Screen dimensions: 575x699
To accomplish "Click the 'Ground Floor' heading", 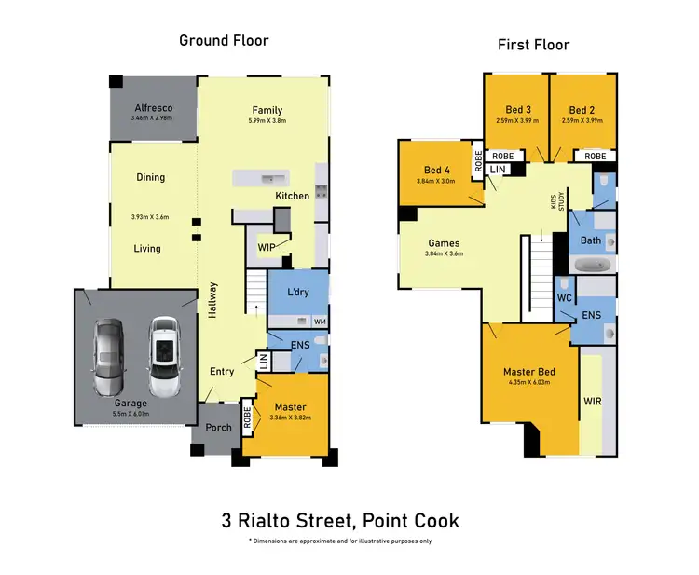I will tap(224, 40).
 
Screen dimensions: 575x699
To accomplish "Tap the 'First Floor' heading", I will tap(533, 45).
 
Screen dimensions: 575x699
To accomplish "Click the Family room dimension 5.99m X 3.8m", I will tap(267, 120).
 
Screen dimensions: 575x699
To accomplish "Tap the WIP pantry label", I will tap(266, 248).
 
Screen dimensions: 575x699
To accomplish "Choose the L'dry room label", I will tap(298, 293).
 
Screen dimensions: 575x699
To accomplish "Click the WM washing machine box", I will tap(320, 322).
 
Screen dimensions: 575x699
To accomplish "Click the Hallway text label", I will tap(212, 301).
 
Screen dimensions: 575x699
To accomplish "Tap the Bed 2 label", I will tap(582, 109).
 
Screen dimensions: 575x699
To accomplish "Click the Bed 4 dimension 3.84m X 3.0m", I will tap(436, 181).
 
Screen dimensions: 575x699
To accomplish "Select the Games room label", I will tap(443, 243).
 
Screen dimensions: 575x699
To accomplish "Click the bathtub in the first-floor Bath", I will tap(592, 266).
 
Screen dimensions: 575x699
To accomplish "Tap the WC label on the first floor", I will tap(564, 298).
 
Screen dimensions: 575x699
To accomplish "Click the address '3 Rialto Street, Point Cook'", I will tap(340, 520).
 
